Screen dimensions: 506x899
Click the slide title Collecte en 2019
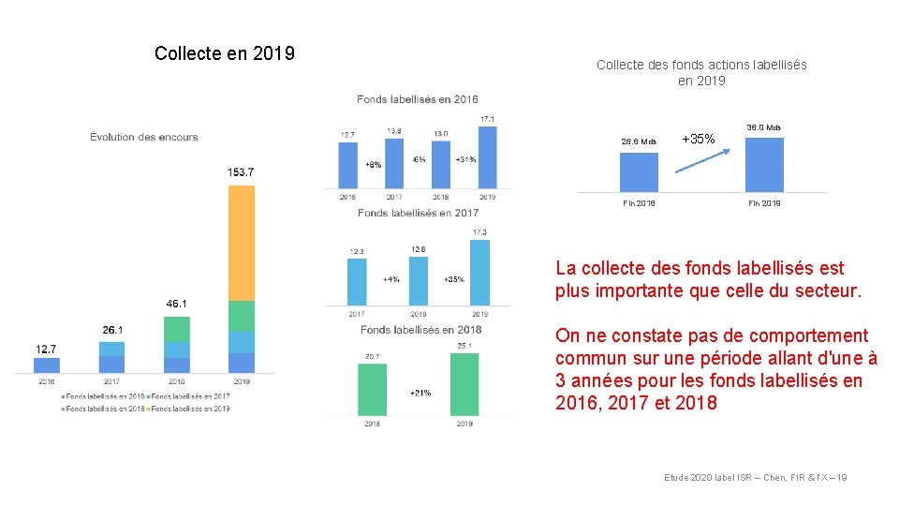point(225,53)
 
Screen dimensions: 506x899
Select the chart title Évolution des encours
point(144,137)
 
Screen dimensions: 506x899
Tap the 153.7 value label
point(241,172)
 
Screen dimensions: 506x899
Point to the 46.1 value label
point(176,304)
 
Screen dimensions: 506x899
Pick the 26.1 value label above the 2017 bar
point(111,330)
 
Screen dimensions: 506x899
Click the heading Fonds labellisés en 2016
point(417,99)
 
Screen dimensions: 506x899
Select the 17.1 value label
point(487,119)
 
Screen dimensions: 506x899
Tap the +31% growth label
point(464,159)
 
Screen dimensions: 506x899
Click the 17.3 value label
point(479,232)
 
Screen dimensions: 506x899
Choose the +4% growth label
point(391,279)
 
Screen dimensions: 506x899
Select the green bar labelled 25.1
point(464,383)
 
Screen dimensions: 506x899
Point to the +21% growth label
point(420,393)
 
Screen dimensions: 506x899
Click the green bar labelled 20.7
point(372,389)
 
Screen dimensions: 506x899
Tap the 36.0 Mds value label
point(763,127)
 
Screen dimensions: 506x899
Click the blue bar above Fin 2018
point(639,171)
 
